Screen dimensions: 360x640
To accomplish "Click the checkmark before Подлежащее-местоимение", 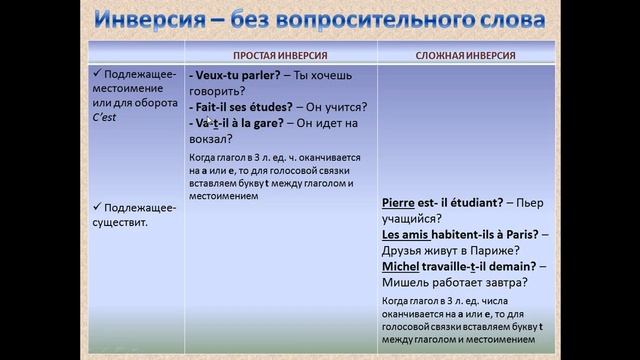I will point(97,73).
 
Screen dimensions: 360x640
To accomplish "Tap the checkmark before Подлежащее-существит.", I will point(97,207).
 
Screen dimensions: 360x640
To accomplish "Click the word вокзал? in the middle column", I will point(210,140).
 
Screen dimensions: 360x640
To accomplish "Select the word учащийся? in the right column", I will point(413,218).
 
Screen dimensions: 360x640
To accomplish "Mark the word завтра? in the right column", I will point(503,283).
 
